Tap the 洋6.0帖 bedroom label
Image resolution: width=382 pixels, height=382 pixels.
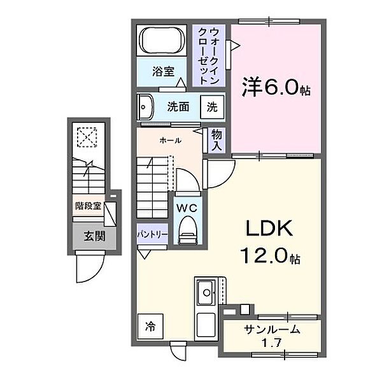coord(276,88)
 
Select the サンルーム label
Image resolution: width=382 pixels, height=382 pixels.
coord(271,329)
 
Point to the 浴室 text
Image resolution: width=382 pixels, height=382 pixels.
coord(163,72)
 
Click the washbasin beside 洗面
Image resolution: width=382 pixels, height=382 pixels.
coord(143,105)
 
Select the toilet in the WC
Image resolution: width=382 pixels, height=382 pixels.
coord(188,229)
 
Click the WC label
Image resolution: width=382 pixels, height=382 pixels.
coord(187,208)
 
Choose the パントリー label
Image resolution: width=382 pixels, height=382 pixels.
coord(152,234)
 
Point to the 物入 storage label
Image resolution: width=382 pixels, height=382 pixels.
coord(216,140)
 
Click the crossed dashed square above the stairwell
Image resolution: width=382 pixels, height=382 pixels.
coord(85,137)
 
